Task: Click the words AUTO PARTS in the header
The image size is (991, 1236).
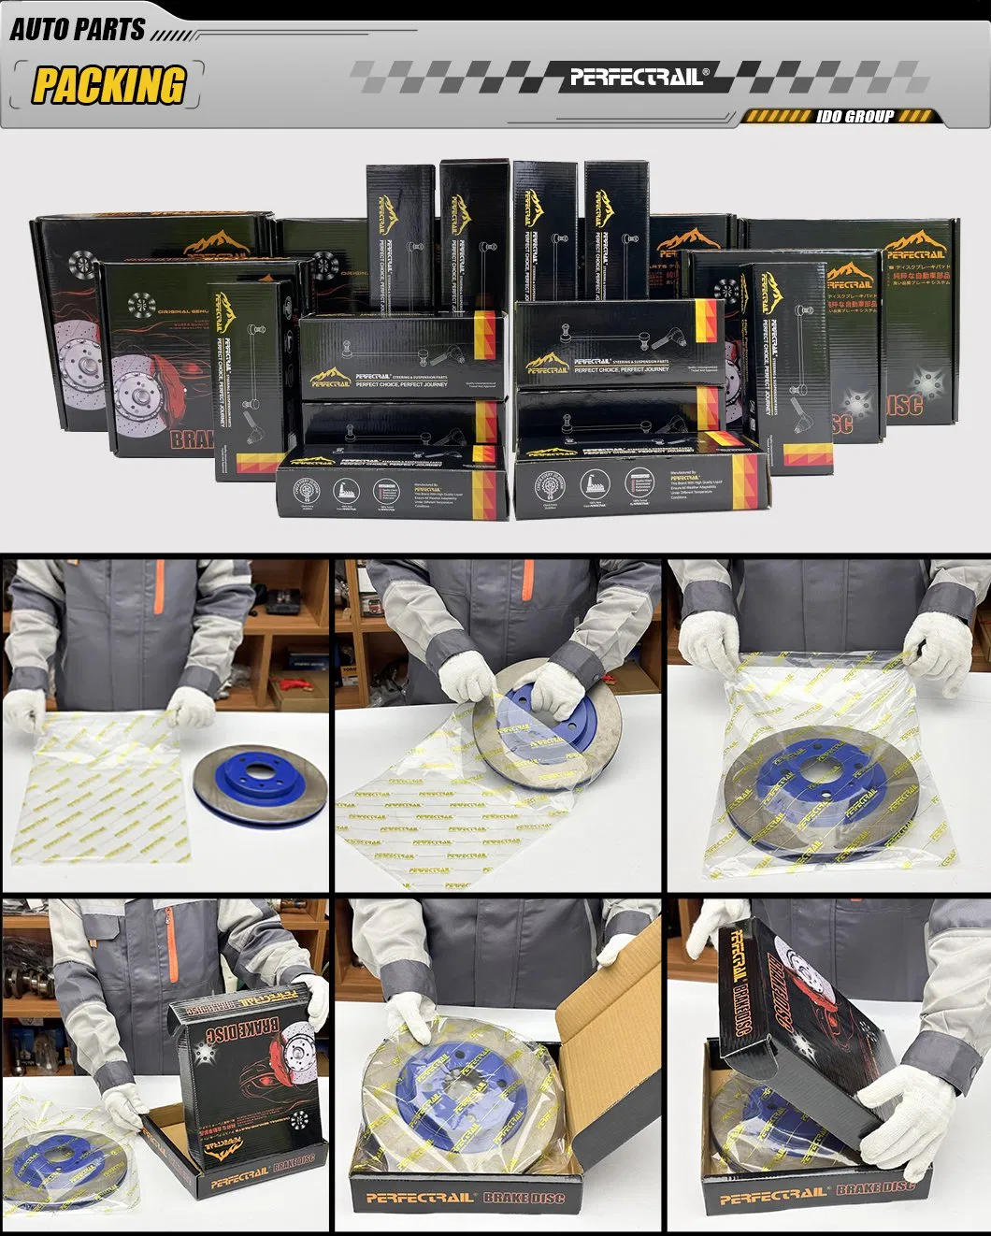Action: point(78,29)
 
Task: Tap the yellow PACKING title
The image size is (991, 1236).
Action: point(108,85)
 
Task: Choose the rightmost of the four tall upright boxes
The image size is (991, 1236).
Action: point(616,229)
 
